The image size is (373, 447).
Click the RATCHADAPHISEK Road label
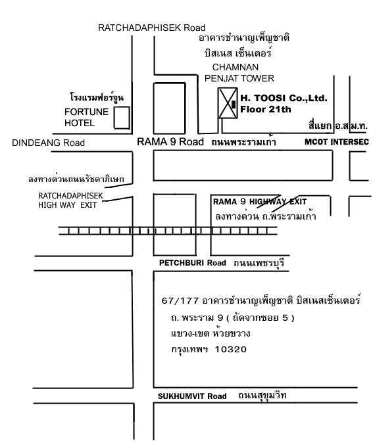click(x=151, y=28)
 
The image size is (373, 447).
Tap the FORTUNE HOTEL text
click(x=86, y=117)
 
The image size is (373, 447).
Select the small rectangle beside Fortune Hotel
click(x=122, y=118)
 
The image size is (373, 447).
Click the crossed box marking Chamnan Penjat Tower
click(x=228, y=103)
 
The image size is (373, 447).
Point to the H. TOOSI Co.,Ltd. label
click(x=284, y=98)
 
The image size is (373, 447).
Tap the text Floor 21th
click(x=265, y=109)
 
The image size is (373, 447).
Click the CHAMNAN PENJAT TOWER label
click(x=239, y=73)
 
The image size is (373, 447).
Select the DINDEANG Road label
click(x=48, y=143)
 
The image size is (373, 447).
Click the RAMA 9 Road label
click(x=170, y=142)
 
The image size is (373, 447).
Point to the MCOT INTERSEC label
click(x=337, y=142)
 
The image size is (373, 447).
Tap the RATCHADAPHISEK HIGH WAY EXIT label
click(x=70, y=200)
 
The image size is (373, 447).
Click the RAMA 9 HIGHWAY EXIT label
click(x=260, y=202)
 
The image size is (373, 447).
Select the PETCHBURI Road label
click(x=192, y=262)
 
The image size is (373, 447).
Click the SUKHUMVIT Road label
click(x=192, y=396)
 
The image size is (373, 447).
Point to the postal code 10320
click(x=231, y=349)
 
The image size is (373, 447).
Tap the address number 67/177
click(x=180, y=301)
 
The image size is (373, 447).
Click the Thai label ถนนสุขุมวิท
click(x=262, y=396)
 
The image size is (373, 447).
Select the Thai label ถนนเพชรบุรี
click(x=259, y=262)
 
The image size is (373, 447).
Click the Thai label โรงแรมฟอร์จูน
click(x=97, y=97)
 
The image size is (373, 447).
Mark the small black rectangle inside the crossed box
click(x=234, y=105)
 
